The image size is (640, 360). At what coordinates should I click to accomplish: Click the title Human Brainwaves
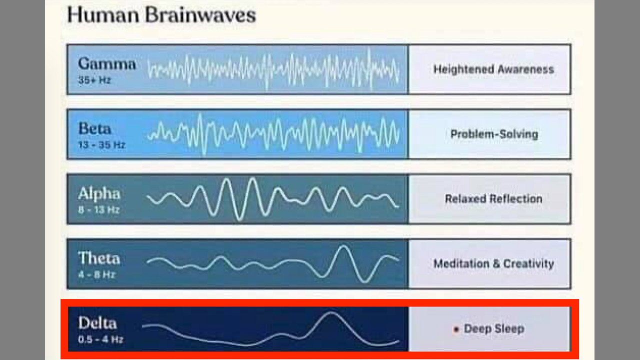pos(161,15)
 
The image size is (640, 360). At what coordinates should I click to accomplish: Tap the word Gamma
pos(107,63)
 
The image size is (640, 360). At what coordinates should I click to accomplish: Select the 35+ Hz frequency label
pos(94,80)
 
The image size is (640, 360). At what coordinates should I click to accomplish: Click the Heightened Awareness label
pos(493,69)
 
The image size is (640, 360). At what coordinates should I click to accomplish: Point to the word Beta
pos(94,128)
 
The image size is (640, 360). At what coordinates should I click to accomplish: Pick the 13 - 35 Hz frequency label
pos(101,145)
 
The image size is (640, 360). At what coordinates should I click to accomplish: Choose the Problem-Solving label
pos(494,134)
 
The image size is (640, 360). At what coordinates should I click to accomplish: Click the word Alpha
pos(99,193)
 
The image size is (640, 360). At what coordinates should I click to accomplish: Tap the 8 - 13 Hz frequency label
pos(98,210)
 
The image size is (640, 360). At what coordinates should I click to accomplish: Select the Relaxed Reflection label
pos(493,199)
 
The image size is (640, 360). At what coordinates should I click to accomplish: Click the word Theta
pos(99,258)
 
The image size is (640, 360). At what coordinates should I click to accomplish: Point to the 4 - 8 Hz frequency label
pos(96,275)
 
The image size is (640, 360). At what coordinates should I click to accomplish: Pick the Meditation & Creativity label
pos(493,263)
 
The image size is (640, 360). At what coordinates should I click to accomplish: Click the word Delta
pos(97,323)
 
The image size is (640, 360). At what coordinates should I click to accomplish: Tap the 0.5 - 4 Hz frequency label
pos(100,339)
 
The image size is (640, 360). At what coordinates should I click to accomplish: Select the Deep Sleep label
pos(494,328)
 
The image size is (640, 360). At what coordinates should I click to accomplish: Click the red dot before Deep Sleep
pos(456,329)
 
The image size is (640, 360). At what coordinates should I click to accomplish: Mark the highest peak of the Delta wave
pos(331,313)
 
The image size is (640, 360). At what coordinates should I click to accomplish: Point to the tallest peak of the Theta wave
pos(343,246)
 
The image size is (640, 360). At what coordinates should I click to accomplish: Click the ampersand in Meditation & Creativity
pos(496,263)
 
